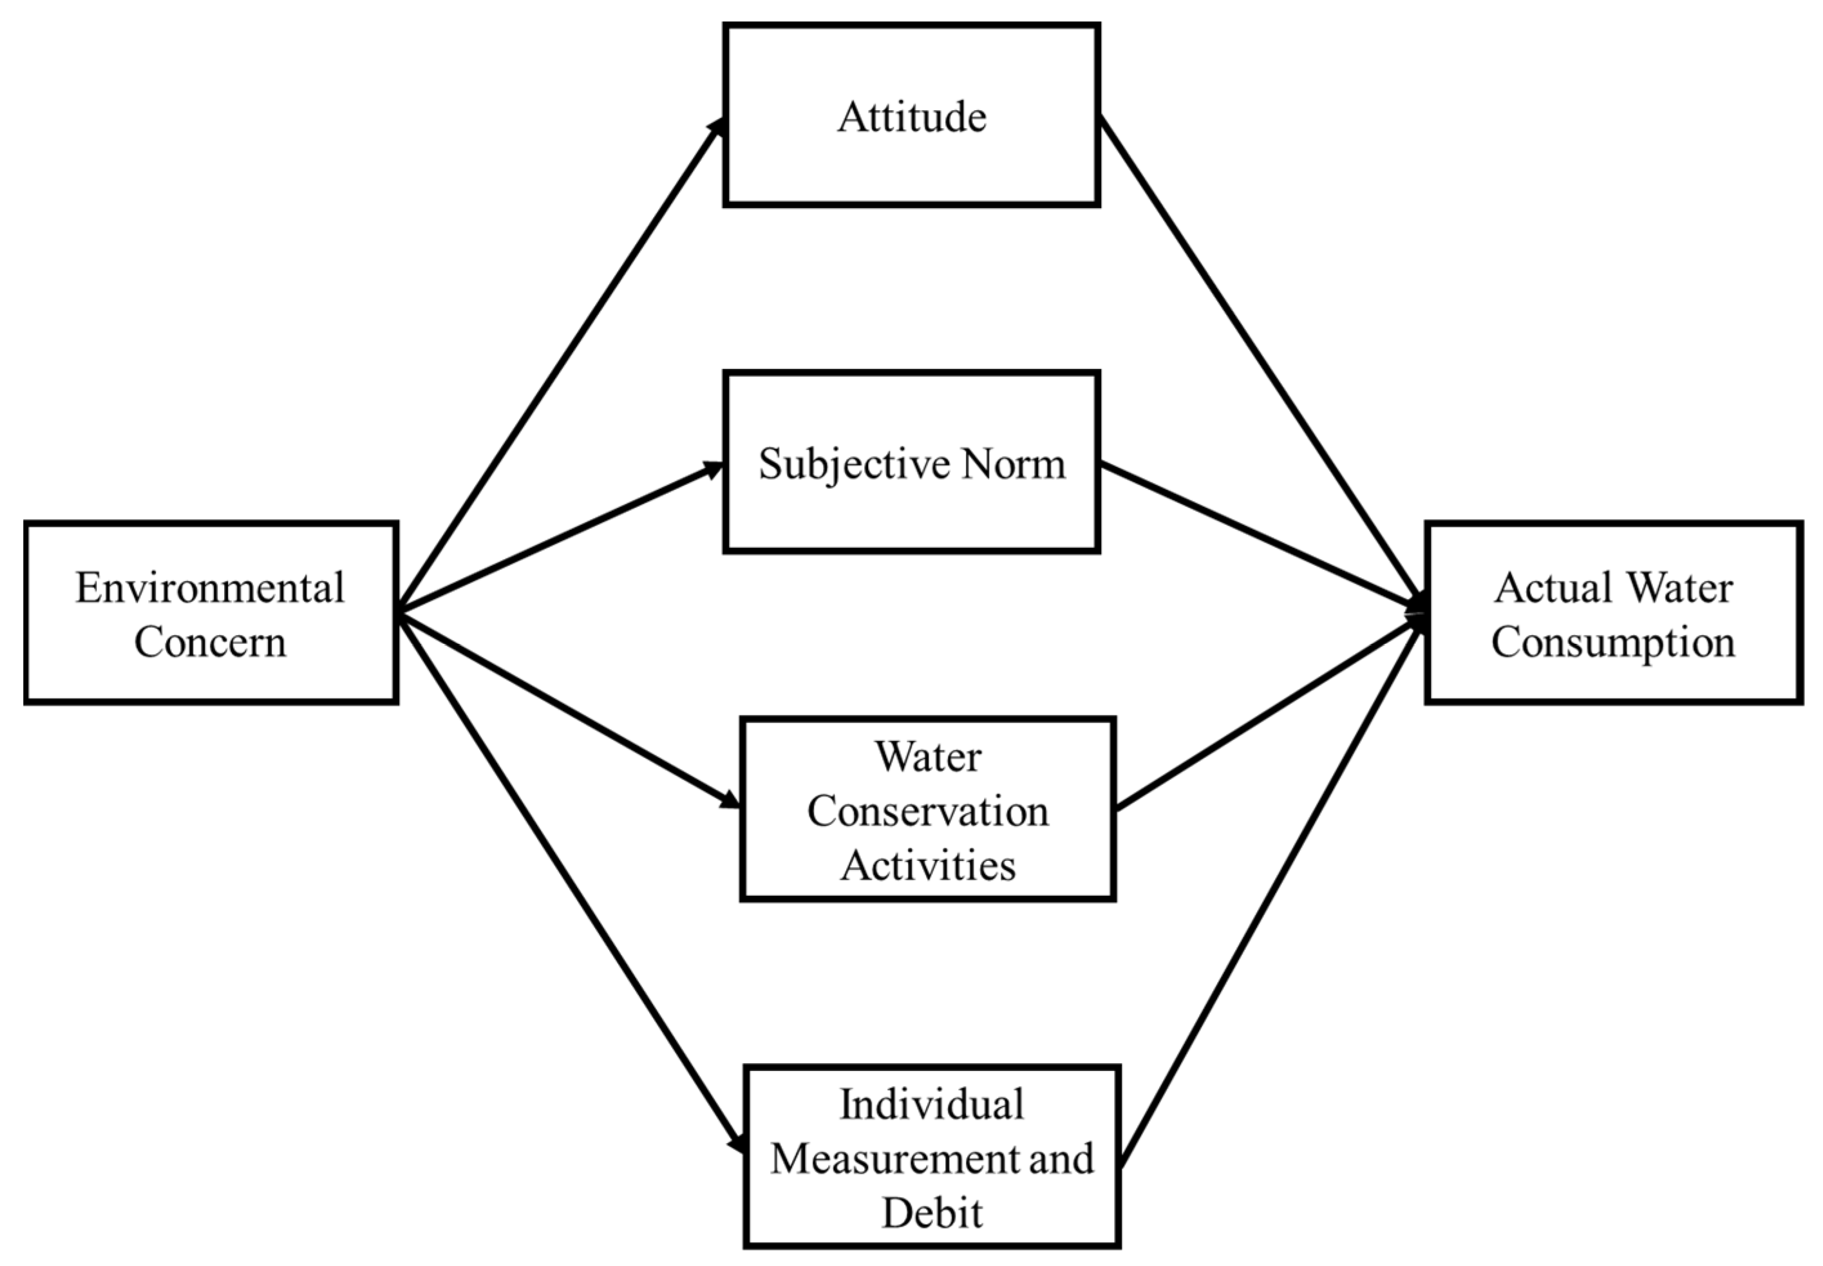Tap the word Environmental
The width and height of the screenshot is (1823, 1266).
[x=209, y=589]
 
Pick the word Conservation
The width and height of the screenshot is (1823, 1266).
[x=927, y=811]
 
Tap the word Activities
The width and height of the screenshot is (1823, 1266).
[x=927, y=865]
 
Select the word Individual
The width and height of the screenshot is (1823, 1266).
[x=931, y=1105]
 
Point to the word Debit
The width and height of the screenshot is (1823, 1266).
[x=931, y=1213]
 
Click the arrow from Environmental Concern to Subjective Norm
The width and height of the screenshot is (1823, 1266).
[x=560, y=538]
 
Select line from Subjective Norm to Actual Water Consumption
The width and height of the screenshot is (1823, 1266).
[x=1261, y=537]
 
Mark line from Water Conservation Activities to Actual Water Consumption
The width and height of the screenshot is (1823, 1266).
[x=1269, y=714]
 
